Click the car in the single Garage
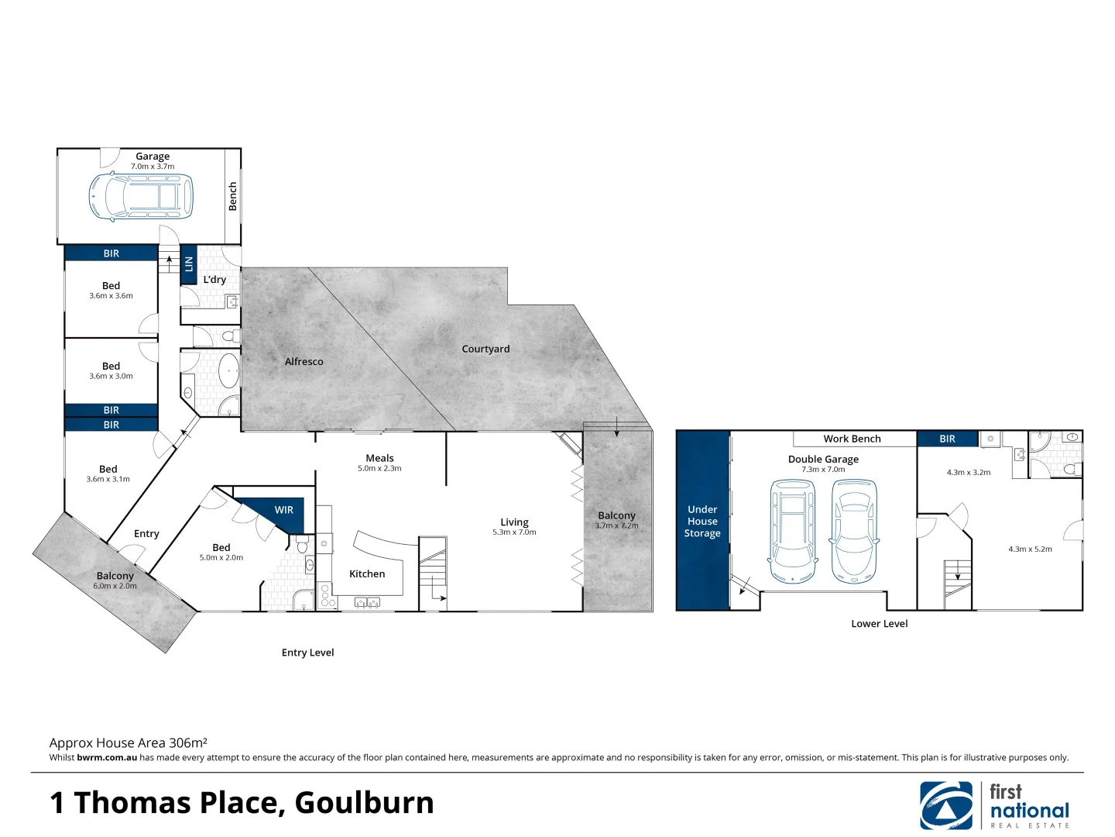pyautogui.click(x=141, y=197)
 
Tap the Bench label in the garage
pyautogui.click(x=232, y=197)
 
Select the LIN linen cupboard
pyautogui.click(x=188, y=264)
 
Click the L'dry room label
pyautogui.click(x=214, y=280)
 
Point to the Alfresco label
pyautogui.click(x=304, y=362)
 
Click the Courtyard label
pyautogui.click(x=485, y=350)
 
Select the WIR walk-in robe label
pyautogui.click(x=283, y=510)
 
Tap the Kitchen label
pyautogui.click(x=367, y=574)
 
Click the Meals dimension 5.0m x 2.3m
pyautogui.click(x=379, y=469)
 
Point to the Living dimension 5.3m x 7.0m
pyautogui.click(x=514, y=532)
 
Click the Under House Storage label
pyautogui.click(x=702, y=522)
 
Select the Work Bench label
pyautogui.click(x=852, y=439)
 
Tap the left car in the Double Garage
pyautogui.click(x=792, y=532)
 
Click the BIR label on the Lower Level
pyautogui.click(x=947, y=439)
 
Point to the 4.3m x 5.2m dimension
pyautogui.click(x=1030, y=549)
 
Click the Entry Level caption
pyautogui.click(x=307, y=653)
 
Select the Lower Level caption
pyautogui.click(x=879, y=624)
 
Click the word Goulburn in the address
pyautogui.click(x=364, y=803)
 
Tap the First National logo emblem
pyautogui.click(x=946, y=805)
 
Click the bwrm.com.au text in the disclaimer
pyautogui.click(x=107, y=758)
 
